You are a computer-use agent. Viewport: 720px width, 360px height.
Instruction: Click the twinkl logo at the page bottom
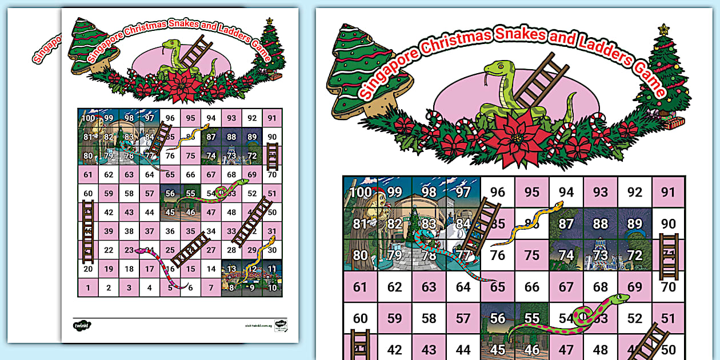(79, 325)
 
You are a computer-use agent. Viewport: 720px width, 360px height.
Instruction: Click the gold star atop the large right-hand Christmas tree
(663, 29)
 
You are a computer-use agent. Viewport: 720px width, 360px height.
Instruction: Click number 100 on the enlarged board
(360, 192)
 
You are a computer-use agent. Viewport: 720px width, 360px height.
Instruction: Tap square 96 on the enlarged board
(498, 192)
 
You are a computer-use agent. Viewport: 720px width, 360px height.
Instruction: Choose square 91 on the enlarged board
(668, 192)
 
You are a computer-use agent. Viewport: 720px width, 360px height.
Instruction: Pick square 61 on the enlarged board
(360, 287)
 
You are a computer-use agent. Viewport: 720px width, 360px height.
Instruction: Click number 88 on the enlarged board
(600, 223)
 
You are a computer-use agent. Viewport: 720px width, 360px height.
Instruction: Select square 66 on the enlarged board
(532, 287)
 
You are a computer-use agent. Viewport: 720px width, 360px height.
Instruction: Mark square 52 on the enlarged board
(634, 318)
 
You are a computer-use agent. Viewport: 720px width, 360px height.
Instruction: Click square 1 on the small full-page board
(88, 288)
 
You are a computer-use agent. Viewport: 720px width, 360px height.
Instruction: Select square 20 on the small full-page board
(88, 269)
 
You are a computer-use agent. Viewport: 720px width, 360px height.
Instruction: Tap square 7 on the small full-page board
(211, 288)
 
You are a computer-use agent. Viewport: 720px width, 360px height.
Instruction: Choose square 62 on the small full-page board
(109, 175)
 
